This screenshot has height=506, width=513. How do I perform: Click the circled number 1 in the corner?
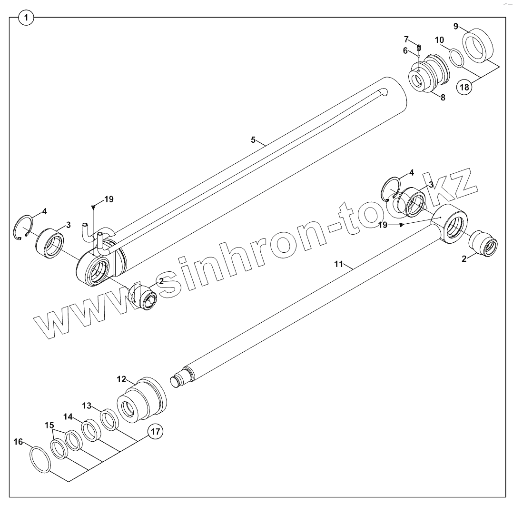(x=26, y=18)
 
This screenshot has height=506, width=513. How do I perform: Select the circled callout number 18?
(x=465, y=87)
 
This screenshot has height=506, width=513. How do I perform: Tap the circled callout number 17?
(x=155, y=432)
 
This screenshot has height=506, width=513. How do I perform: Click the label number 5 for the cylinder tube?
(x=254, y=139)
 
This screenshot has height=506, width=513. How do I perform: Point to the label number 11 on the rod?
(x=338, y=264)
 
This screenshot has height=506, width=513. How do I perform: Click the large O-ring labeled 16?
(x=39, y=459)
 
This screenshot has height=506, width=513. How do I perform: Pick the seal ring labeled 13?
(x=110, y=419)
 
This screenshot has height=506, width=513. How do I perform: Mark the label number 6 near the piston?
(x=405, y=50)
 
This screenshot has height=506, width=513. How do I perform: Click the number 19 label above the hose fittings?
(x=109, y=199)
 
